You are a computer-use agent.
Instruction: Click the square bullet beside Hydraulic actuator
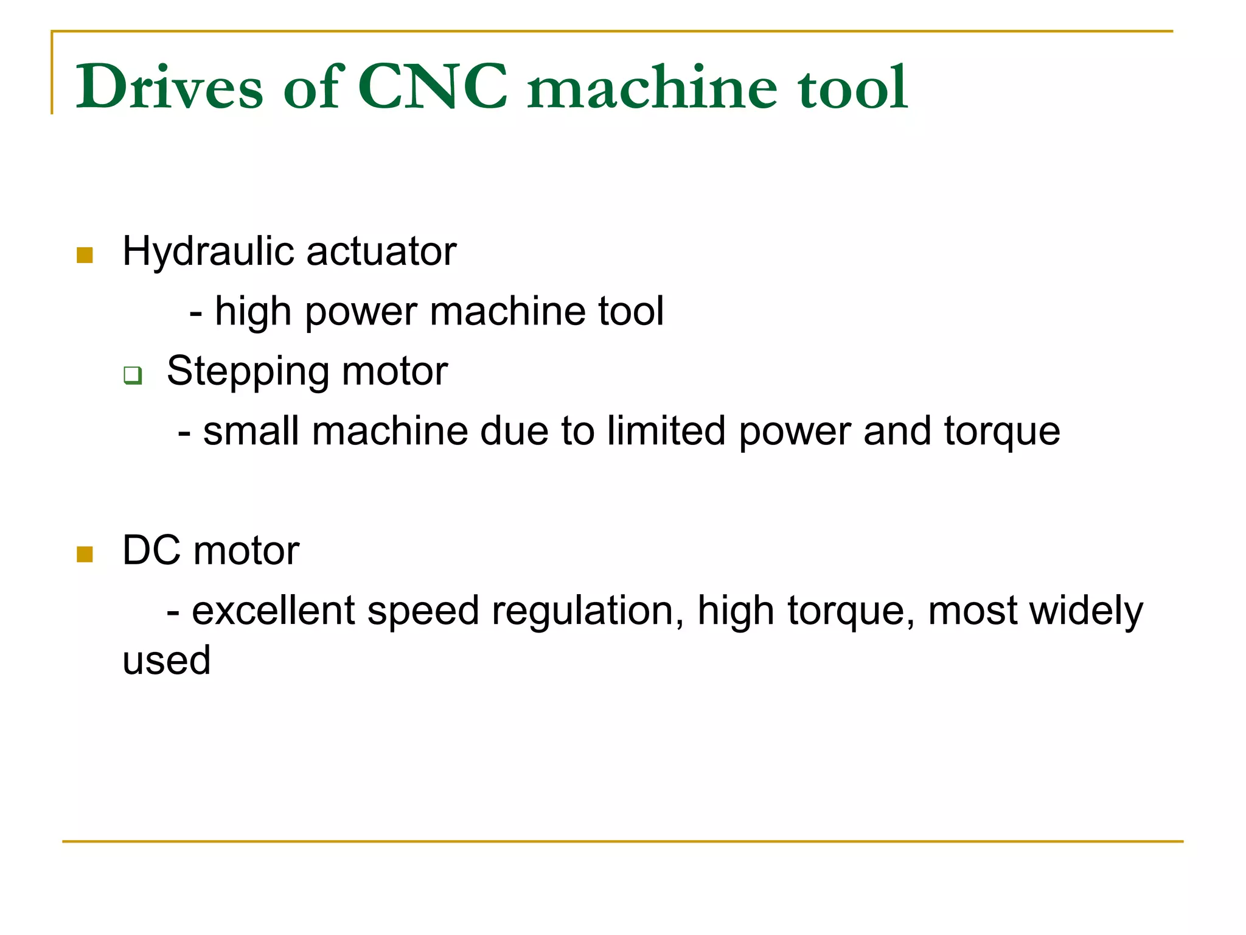tap(85, 255)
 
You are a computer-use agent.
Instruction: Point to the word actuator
tap(381, 251)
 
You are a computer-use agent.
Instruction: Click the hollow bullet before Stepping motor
tap(133, 375)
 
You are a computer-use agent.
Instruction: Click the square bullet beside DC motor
tap(85, 555)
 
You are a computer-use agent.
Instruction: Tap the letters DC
tap(151, 550)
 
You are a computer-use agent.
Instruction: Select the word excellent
tap(273, 611)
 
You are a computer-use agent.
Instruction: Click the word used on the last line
tap(167, 660)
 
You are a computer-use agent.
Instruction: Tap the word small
tap(251, 432)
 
